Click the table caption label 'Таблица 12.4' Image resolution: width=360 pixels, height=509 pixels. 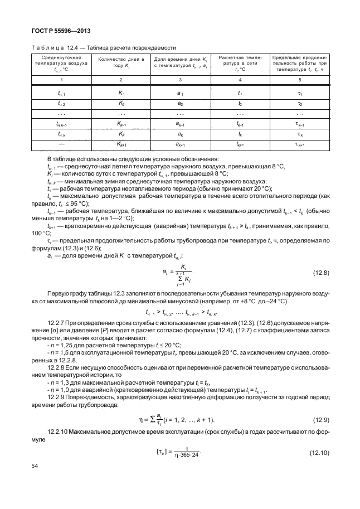pyautogui.click(x=54, y=48)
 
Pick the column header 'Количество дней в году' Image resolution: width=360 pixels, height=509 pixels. pyautogui.click(x=121, y=62)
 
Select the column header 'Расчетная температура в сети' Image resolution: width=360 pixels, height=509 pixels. pyautogui.click(x=240, y=62)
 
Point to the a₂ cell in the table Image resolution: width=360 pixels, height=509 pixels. pyautogui.click(x=180, y=104)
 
